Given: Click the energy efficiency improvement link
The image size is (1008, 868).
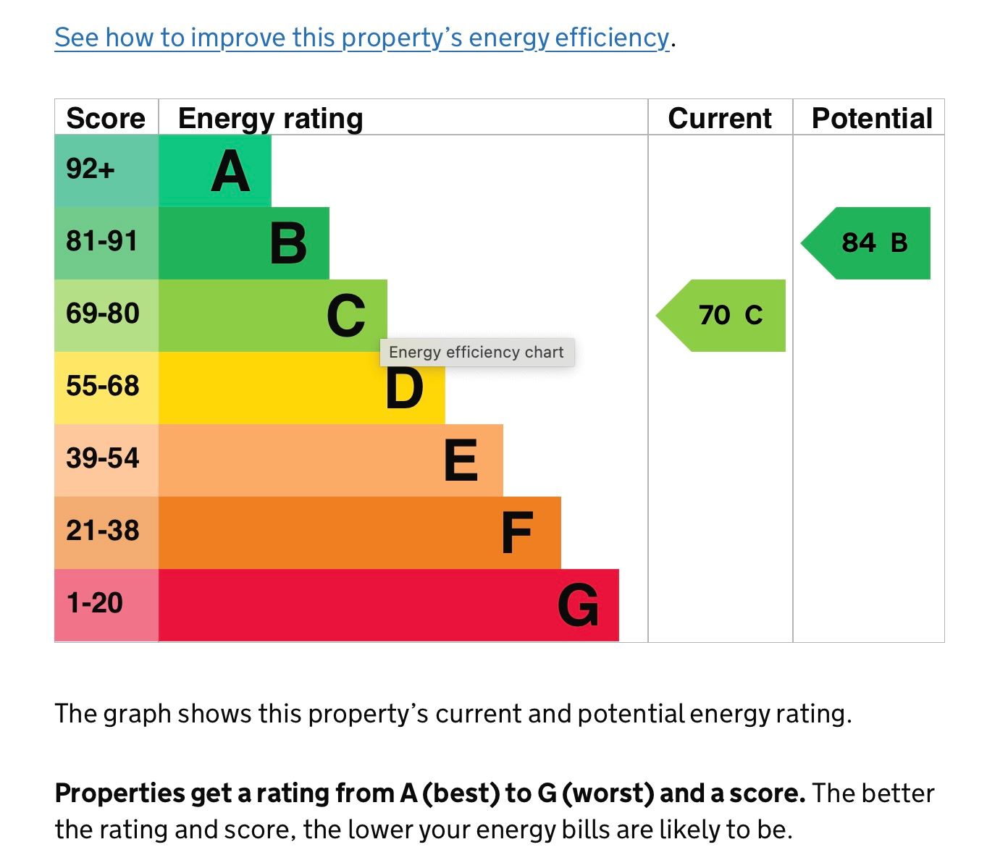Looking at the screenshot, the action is [x=362, y=38].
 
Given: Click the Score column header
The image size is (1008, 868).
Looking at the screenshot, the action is [x=106, y=119].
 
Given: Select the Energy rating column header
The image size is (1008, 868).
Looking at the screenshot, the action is [x=271, y=119].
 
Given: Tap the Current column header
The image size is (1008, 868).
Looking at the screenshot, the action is [x=720, y=119].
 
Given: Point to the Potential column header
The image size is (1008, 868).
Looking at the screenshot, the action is [x=872, y=119].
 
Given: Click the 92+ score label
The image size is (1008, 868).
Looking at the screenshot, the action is [x=91, y=169].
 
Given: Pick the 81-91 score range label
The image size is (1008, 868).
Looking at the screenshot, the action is [x=102, y=241].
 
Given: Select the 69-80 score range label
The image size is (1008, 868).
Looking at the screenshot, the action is [x=102, y=313].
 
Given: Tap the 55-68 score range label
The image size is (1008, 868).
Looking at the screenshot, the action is [x=102, y=386].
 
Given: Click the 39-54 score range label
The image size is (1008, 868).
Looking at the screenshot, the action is [x=102, y=458].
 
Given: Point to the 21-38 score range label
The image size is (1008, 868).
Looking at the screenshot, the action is [x=102, y=531].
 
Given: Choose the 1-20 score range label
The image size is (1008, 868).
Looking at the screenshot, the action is [x=95, y=603].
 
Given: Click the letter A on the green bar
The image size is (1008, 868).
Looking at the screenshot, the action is [x=231, y=171].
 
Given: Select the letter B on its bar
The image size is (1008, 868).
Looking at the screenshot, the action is [x=289, y=243].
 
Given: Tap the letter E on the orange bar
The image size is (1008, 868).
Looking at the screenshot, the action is [x=461, y=460].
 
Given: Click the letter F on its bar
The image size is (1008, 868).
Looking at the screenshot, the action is [x=518, y=532].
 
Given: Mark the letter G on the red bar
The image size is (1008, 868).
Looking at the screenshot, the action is [x=578, y=604].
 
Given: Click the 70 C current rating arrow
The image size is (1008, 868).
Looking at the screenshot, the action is [x=721, y=316].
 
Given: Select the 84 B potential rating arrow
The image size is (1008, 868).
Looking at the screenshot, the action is [x=865, y=243].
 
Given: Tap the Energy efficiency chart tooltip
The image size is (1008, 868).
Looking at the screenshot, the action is [x=477, y=352].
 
